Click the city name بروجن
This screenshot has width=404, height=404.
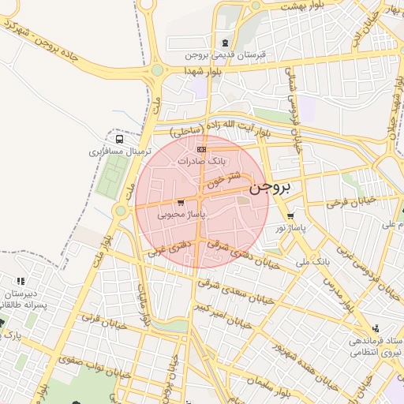tap(270, 189)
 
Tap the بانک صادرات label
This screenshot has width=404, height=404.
tap(201, 160)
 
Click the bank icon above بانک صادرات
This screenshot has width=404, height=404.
tap(201, 148)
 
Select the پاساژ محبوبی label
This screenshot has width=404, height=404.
tap(181, 214)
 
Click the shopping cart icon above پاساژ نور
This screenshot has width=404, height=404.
tap(291, 215)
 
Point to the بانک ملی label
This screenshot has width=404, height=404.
tap(312, 260)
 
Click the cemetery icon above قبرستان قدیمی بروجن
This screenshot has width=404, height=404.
tap(226, 43)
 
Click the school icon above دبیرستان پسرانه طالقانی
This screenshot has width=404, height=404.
tap(21, 281)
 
